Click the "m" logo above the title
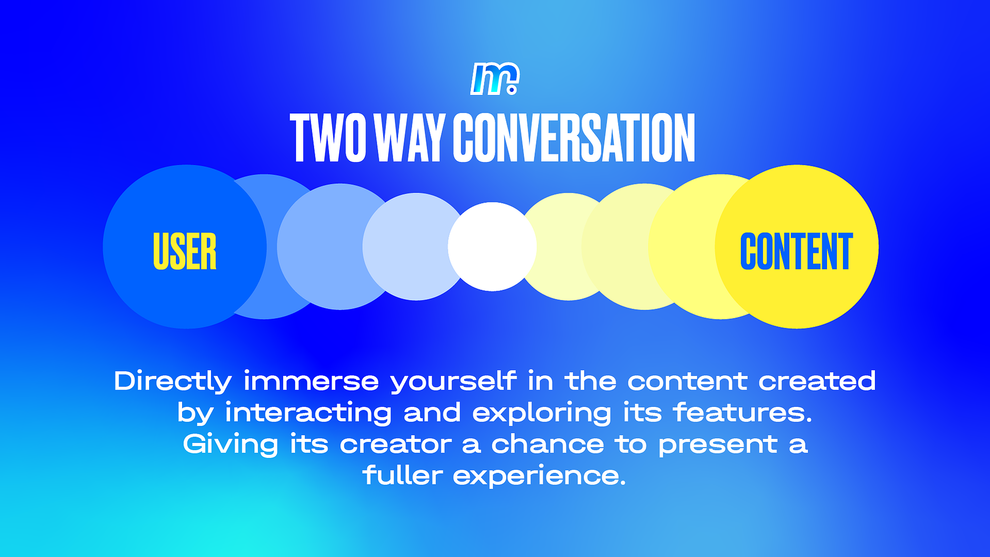494,78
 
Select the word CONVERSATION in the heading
574,138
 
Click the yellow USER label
185,251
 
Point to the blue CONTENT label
797,251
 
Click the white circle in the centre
492,247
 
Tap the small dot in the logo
512,90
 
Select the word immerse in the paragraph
311,381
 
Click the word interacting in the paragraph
308,413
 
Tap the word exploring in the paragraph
542,413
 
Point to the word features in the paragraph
742,412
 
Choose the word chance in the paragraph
547,444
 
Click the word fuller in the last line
403,475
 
